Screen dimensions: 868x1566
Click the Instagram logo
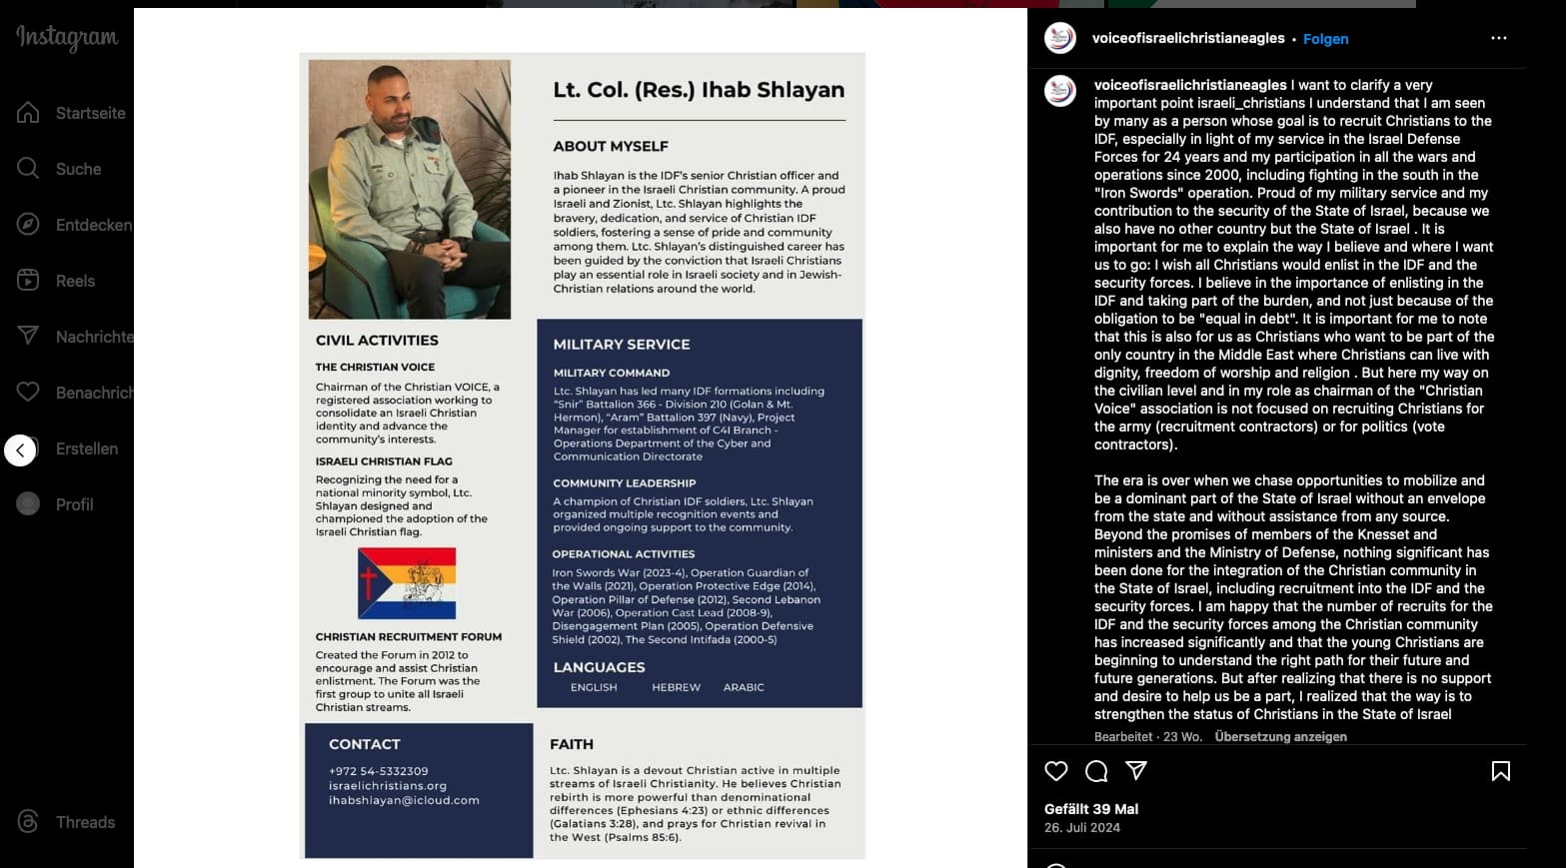coord(67,38)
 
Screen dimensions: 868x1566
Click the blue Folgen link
coord(1325,39)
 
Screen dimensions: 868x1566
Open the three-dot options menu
coord(1498,38)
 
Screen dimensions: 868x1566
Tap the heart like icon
coord(1056,771)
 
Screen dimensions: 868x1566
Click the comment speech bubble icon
coord(1096,771)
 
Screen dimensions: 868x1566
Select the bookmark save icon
coord(1500,771)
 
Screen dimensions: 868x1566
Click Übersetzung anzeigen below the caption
coord(1280,736)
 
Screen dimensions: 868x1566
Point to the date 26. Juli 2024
coord(1082,827)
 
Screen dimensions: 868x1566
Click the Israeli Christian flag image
coord(407,583)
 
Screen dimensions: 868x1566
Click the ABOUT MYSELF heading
coord(611,146)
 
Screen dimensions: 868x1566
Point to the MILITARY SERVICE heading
coord(622,344)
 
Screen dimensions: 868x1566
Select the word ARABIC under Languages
coord(744,687)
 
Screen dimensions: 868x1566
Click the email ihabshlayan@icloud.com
coord(404,800)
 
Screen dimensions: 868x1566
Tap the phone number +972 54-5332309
coord(378,771)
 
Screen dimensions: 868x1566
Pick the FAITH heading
coord(572,744)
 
